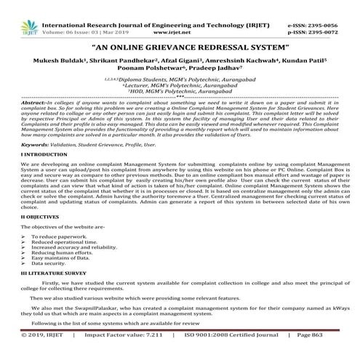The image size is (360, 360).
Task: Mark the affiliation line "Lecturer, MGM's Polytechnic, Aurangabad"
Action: pyautogui.click(x=180, y=85)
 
